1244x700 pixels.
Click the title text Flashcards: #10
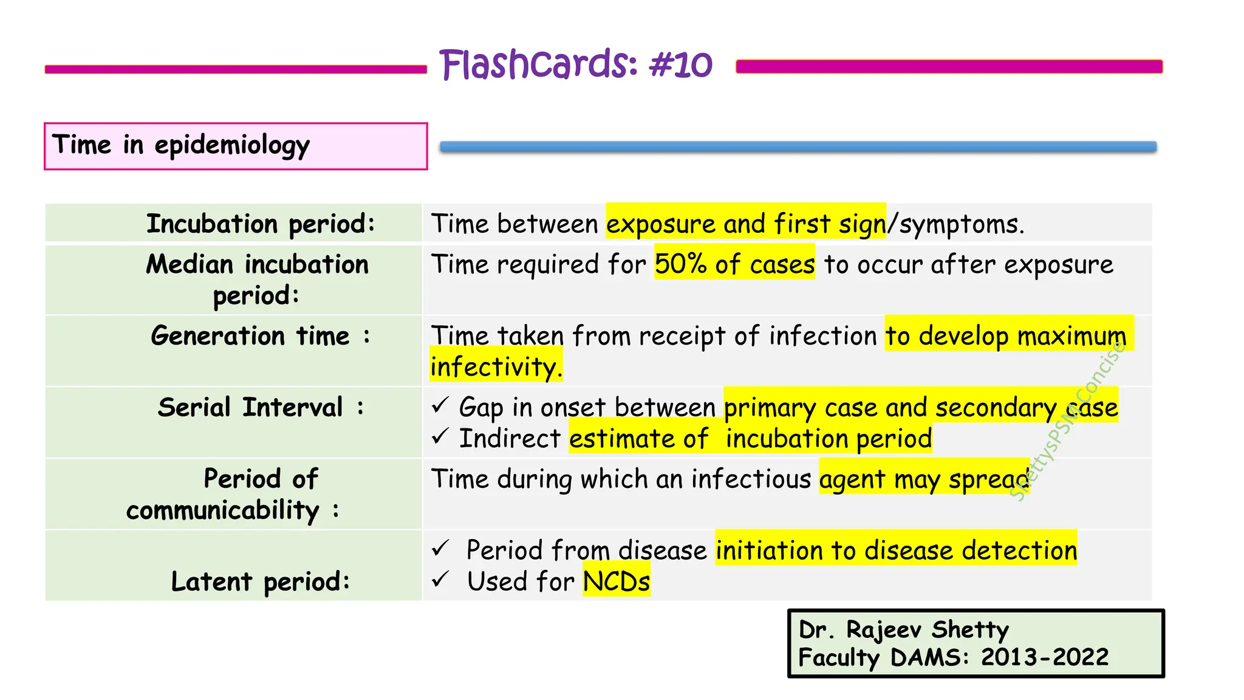coord(575,64)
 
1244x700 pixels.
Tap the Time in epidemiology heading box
coord(235,146)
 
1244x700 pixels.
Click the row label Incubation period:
coord(261,224)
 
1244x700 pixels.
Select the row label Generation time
coord(260,336)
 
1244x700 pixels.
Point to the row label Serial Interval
coord(261,407)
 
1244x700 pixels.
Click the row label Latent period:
coord(261,582)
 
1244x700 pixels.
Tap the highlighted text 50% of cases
coord(734,264)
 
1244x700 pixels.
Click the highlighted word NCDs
coord(616,582)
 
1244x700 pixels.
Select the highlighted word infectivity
coord(496,367)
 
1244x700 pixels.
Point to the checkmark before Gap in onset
coord(440,405)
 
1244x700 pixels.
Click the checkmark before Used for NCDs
coord(440,580)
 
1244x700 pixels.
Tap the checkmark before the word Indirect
coord(440,436)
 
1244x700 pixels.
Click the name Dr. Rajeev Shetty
coord(903,630)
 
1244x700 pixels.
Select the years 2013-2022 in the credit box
coord(1044,657)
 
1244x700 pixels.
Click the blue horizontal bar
coord(798,146)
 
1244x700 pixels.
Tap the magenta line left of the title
coord(236,69)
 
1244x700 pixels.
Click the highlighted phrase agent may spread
coord(923,479)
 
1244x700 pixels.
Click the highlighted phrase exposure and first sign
coord(745,224)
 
